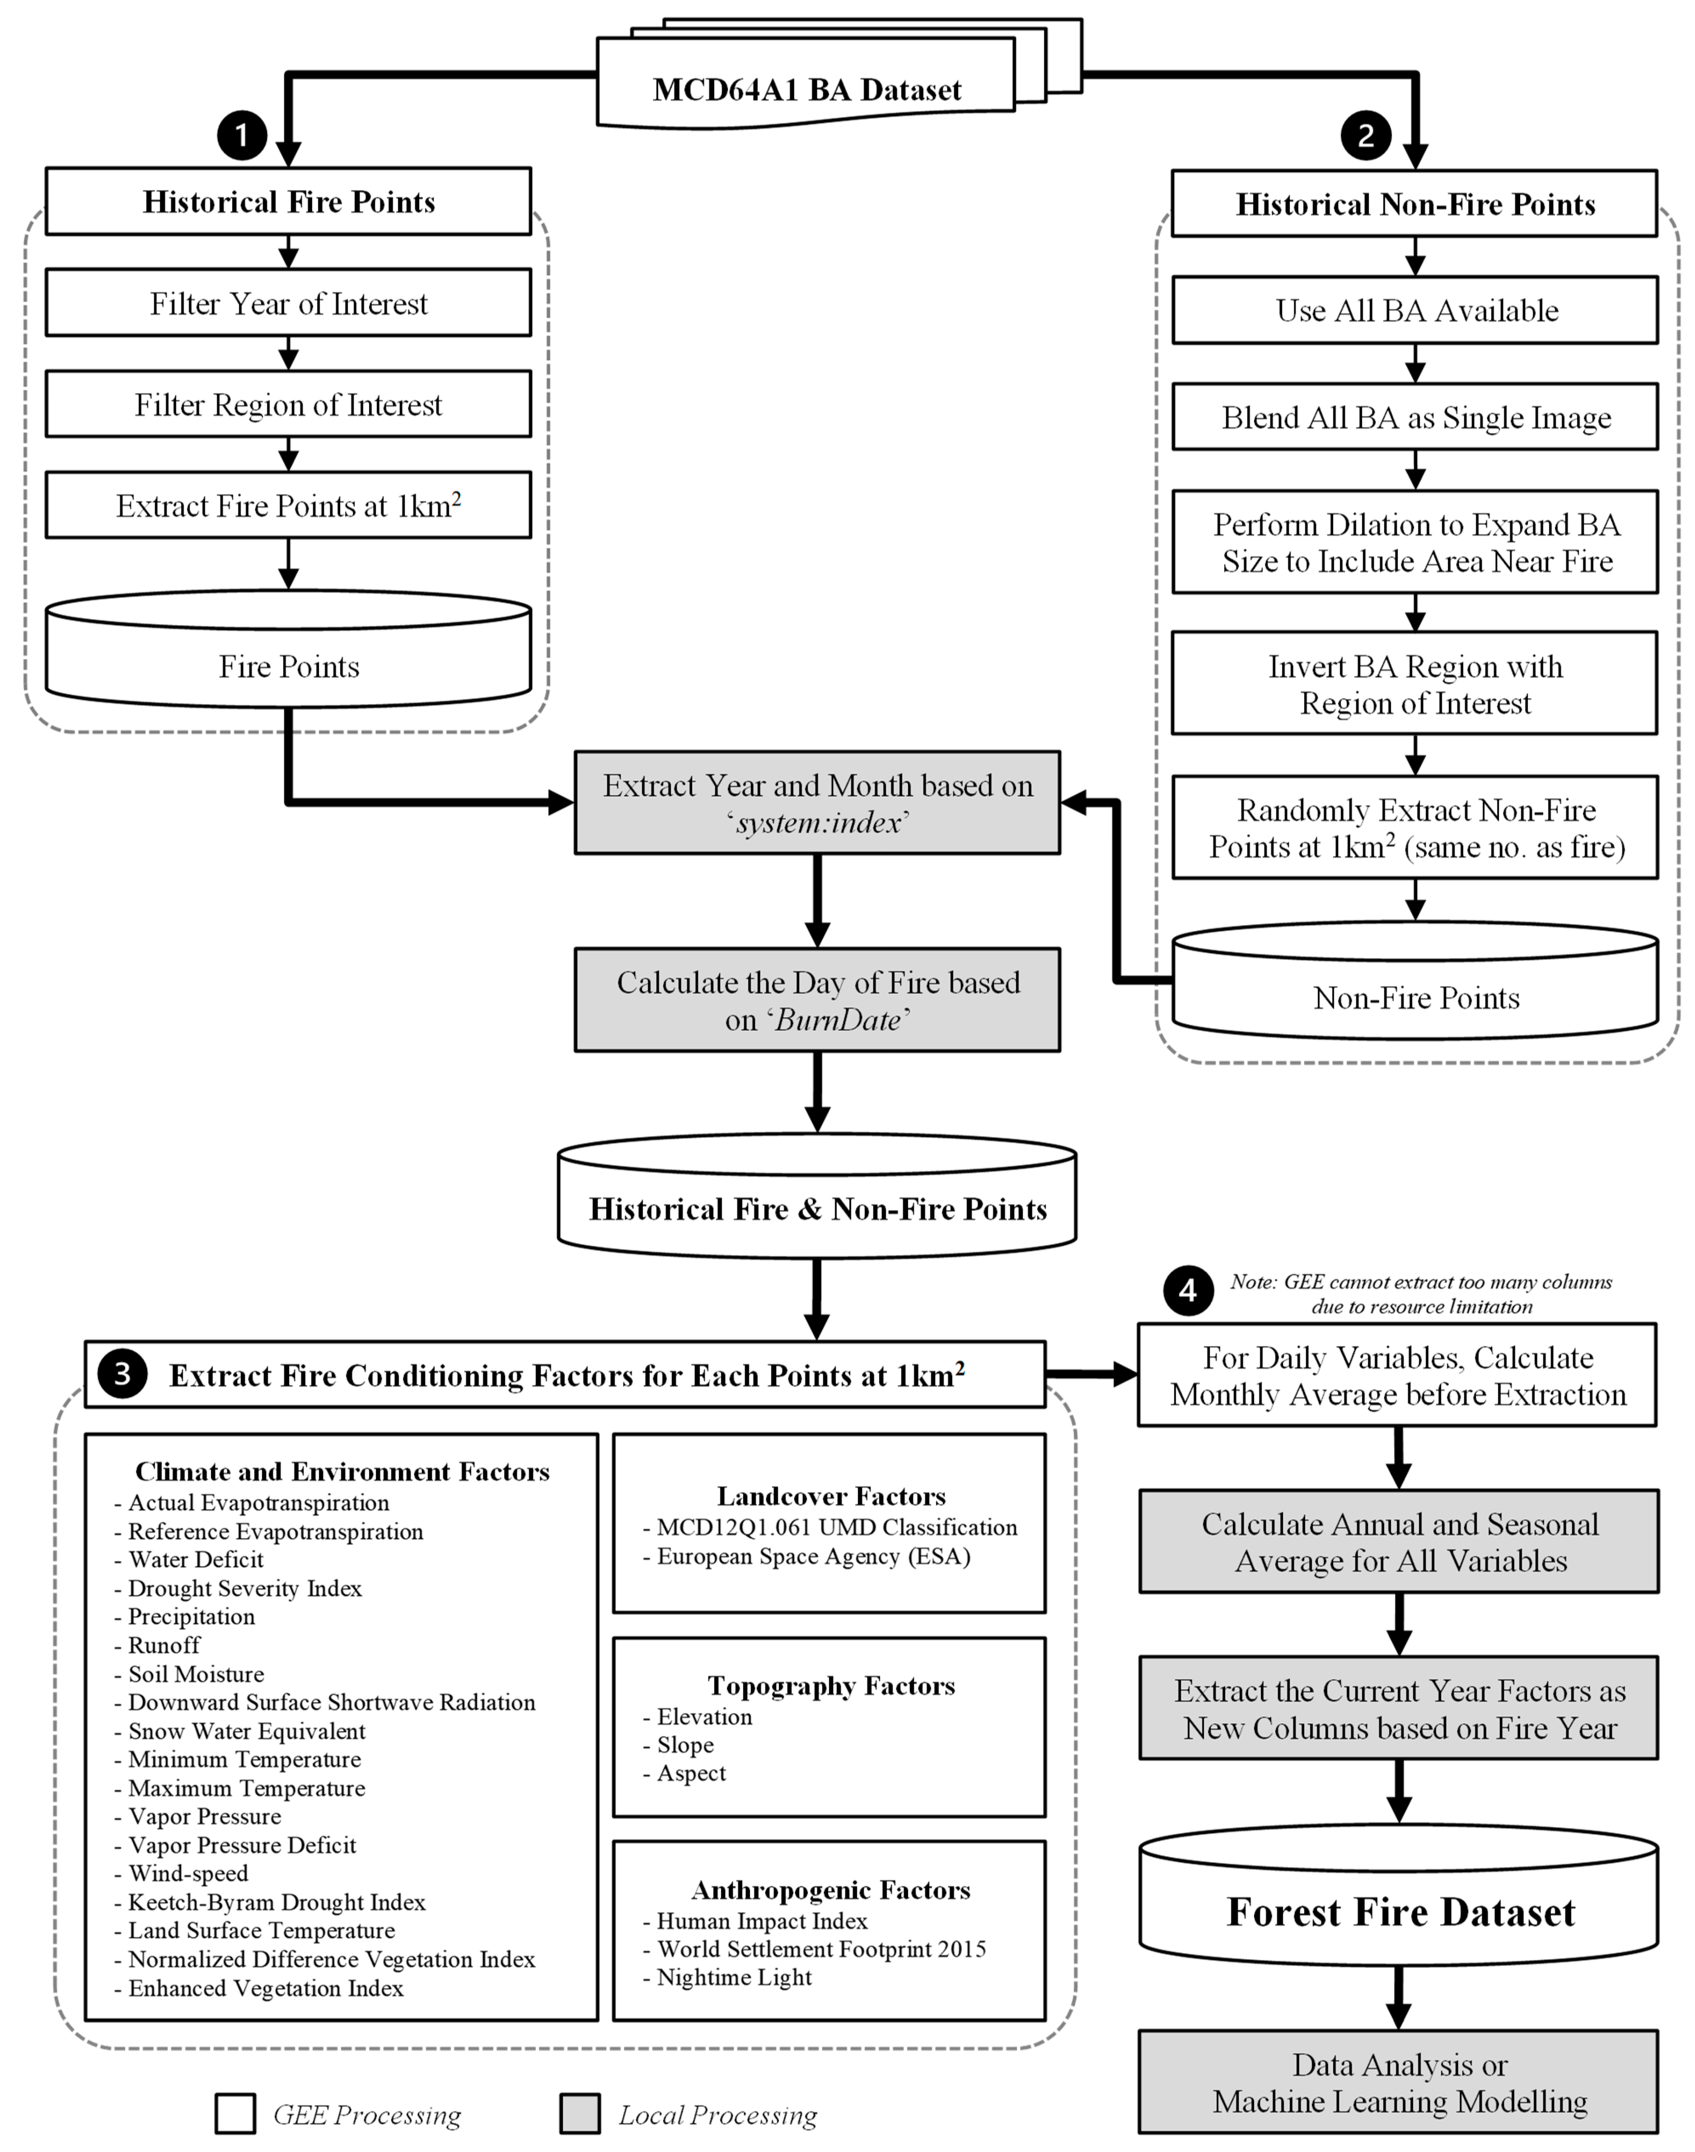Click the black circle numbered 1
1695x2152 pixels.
[x=241, y=135]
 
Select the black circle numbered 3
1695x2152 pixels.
[x=122, y=1374]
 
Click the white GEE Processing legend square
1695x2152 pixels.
[x=235, y=2115]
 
